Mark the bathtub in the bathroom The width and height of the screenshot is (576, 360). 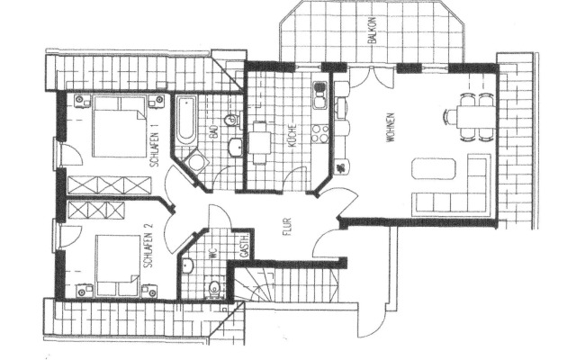[x=184, y=120]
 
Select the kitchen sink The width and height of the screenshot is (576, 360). [x=319, y=92]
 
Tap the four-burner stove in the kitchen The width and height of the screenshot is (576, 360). [x=319, y=134]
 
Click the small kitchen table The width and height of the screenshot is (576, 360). [x=260, y=142]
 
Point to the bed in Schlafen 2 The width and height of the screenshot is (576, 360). [x=113, y=263]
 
